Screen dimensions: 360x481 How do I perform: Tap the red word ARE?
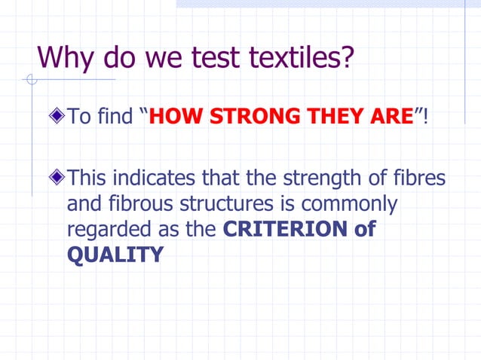(x=389, y=117)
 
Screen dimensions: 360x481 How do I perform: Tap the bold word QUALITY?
(x=115, y=255)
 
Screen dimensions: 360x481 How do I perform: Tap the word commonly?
(x=360, y=204)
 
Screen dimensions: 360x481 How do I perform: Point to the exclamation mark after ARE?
(x=426, y=117)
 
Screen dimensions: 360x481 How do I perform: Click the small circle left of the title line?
(x=31, y=80)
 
